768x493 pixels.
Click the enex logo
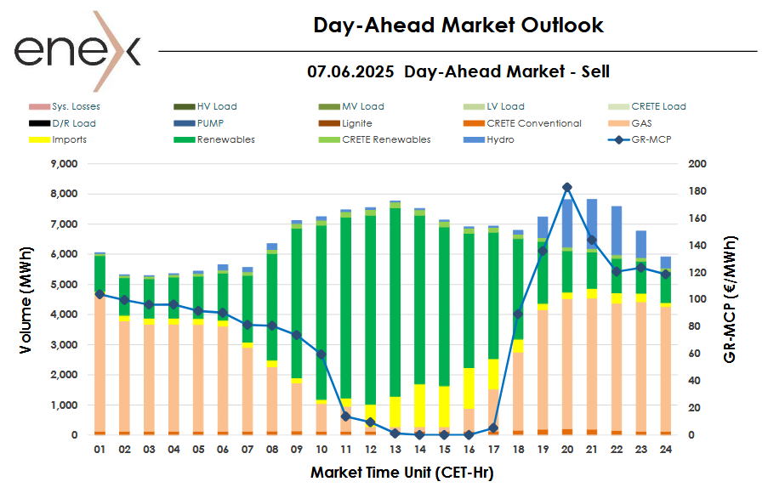(77, 51)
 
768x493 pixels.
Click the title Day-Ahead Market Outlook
(458, 25)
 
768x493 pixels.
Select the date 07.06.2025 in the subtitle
(350, 72)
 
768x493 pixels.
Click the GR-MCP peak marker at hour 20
(567, 187)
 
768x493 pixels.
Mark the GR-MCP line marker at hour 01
(100, 294)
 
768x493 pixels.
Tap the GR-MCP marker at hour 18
(517, 314)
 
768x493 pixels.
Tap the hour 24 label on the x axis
(666, 449)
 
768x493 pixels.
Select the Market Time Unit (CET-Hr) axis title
(401, 472)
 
